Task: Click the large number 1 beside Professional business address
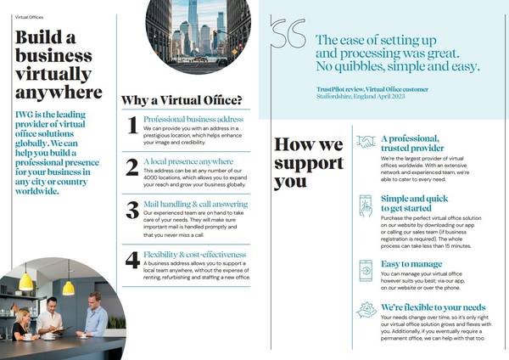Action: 132,126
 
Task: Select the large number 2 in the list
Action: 132,167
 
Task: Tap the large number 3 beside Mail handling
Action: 132,210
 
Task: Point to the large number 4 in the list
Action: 132,259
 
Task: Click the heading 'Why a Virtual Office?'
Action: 182,100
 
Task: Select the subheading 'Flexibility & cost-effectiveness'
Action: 195,254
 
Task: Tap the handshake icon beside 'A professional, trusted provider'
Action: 366,142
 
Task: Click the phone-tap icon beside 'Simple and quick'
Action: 366,205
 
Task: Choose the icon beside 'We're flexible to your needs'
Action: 366,310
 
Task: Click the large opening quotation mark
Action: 288,35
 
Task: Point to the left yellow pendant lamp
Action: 26,278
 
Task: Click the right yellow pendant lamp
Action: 68,287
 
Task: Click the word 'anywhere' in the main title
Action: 59,92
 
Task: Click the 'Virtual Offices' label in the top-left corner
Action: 31,16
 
